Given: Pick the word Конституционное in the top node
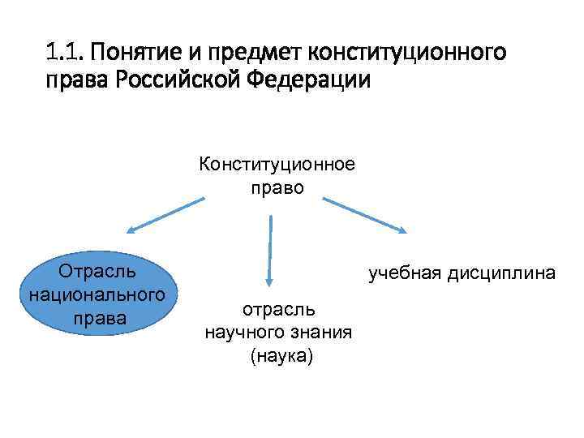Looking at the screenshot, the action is click(x=277, y=165).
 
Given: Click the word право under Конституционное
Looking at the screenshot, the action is click(x=277, y=187).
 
